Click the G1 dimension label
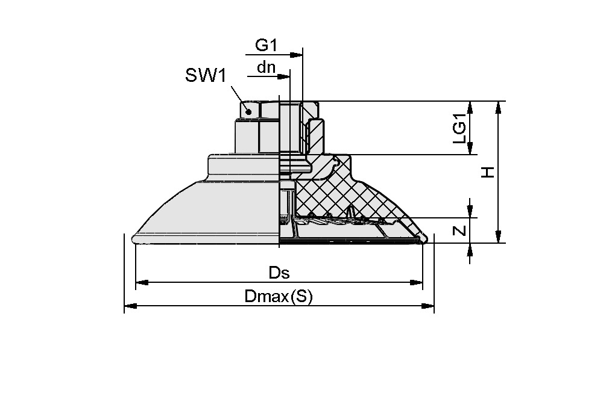coord(267,45)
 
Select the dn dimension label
coord(266,67)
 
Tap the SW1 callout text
coord(205,76)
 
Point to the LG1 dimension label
coord(460,128)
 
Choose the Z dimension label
coord(460,230)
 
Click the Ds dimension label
coord(279,273)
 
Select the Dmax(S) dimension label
coord(279,297)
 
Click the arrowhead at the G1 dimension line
coord(297,55)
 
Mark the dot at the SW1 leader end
coord(248,112)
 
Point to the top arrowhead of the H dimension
coord(498,107)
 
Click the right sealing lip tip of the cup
coord(425,241)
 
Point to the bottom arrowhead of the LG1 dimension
coord(471,149)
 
